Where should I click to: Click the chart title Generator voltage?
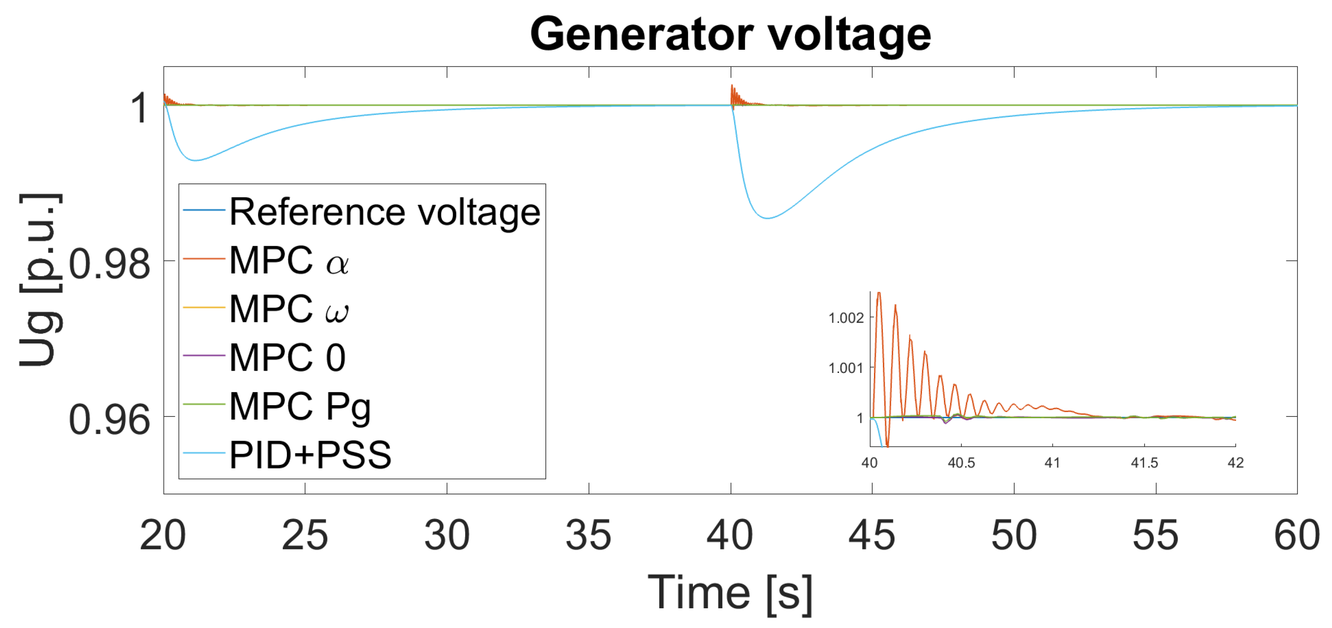pos(730,34)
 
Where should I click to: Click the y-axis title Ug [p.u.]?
pos(40,280)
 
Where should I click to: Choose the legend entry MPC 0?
pos(287,357)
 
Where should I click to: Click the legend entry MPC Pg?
pos(300,407)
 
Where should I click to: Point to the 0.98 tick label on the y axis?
pos(109,264)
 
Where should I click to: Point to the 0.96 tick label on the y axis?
pos(109,420)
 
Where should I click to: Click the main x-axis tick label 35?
pos(588,535)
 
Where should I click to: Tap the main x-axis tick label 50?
pos(1013,535)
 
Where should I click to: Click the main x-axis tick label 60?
pos(1297,535)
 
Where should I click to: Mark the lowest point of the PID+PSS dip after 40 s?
pos(768,218)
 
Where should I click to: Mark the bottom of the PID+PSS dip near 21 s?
pos(195,160)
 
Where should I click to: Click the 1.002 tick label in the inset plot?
pos(846,318)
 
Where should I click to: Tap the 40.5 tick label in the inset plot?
pos(961,463)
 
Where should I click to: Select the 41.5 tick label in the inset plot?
pos(1144,463)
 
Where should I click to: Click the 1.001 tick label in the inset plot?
pos(846,368)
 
